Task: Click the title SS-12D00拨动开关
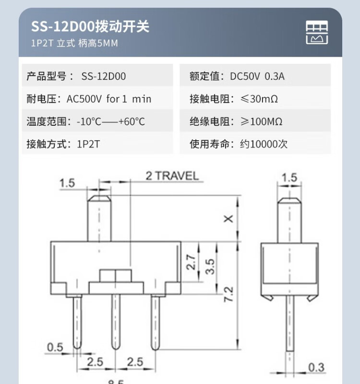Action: [90, 26]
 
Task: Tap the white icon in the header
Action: [317, 33]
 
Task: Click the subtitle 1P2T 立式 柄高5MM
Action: [74, 43]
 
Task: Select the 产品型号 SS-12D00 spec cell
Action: [97, 76]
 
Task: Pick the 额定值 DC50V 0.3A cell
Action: [255, 76]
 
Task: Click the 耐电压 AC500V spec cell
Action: [97, 99]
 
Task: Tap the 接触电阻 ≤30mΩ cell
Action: [255, 99]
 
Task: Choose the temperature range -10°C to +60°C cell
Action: [97, 121]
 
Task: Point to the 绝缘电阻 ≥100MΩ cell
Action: [255, 121]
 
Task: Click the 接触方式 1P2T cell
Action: [97, 144]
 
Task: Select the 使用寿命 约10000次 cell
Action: [255, 144]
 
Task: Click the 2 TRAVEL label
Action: [172, 176]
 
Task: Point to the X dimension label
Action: [228, 218]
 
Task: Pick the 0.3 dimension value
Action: [316, 368]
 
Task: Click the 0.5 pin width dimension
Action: [55, 347]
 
